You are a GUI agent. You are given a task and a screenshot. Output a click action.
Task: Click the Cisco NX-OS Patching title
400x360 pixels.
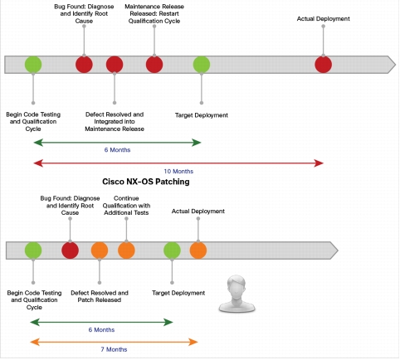point(146,182)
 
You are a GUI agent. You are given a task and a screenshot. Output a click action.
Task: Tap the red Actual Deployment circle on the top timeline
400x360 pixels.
point(323,65)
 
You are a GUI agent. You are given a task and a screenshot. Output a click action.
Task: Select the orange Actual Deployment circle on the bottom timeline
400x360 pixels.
point(198,251)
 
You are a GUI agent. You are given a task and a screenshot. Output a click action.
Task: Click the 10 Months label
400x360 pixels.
point(178,172)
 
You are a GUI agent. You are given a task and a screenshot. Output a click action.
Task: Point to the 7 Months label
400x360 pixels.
point(114,349)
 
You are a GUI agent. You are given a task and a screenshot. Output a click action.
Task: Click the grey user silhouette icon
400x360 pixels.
point(237,294)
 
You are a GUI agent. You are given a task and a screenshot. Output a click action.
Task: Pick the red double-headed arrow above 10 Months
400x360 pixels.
point(178,163)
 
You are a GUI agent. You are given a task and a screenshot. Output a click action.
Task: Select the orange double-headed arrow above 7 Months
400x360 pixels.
point(114,342)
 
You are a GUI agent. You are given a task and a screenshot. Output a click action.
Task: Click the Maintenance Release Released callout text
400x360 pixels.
point(154,14)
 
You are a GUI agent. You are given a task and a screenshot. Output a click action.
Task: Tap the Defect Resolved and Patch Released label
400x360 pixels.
point(100,296)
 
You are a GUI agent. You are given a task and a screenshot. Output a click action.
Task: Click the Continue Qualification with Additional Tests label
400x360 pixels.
point(126,206)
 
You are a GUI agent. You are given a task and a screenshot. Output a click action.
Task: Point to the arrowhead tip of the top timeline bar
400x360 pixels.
point(396,65)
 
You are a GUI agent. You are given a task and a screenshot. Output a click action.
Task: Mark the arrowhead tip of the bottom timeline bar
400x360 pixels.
point(338,251)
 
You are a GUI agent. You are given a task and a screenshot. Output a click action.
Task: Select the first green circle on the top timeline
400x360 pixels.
point(33,65)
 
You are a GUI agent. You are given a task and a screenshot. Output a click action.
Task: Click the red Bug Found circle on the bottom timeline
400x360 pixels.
point(70,251)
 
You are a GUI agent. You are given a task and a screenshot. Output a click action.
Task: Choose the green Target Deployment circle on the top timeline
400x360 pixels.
point(202,65)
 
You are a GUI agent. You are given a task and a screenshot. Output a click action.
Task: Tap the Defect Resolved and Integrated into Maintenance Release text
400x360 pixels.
point(115,122)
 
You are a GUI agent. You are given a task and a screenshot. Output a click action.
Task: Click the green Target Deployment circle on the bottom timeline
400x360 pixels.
point(172,251)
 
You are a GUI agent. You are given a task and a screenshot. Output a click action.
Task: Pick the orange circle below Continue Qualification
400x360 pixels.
point(126,251)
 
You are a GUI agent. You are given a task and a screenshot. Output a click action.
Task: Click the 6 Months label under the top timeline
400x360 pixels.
point(117,150)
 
